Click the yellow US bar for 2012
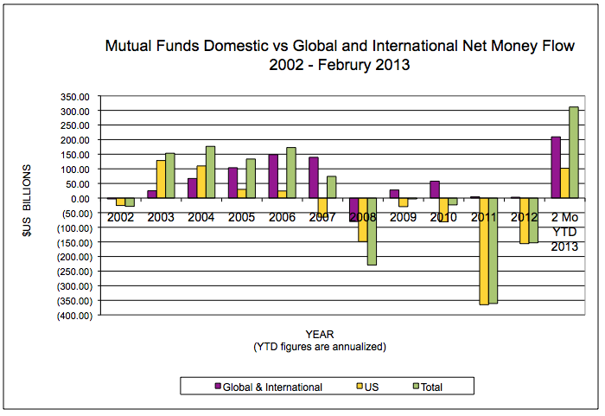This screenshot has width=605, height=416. [x=524, y=221]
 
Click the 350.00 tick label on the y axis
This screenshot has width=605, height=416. [x=75, y=96]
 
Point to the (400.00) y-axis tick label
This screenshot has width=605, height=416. [x=72, y=316]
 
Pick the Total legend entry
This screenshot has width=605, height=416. [x=430, y=387]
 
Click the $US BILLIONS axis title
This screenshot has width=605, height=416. [x=27, y=207]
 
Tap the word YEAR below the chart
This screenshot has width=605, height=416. [x=319, y=333]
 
